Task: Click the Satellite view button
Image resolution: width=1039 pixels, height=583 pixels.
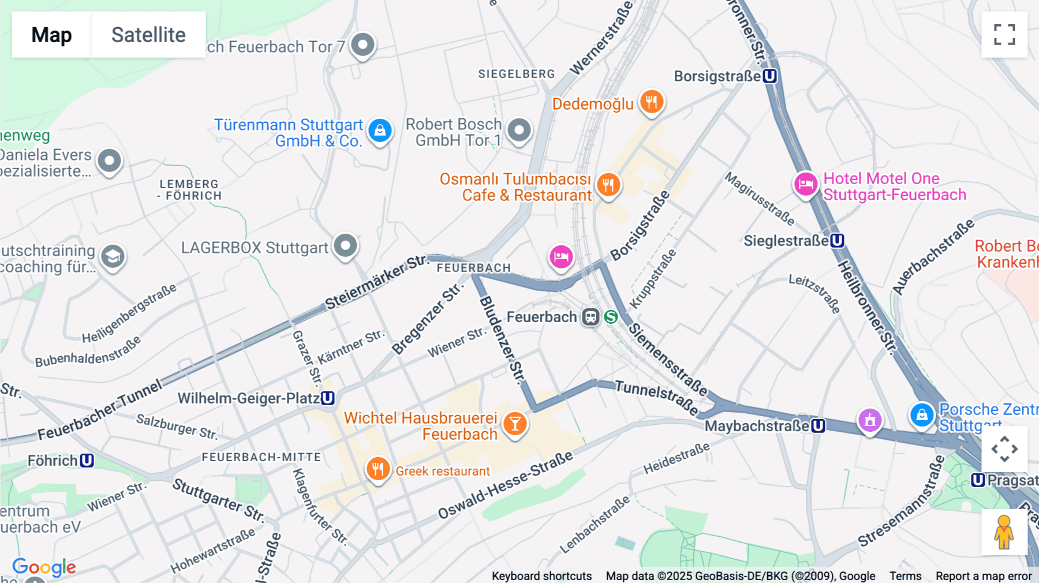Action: tap(148, 35)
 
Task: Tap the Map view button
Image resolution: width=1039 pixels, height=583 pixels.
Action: tap(51, 35)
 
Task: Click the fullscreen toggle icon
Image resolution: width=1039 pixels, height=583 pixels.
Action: tap(1004, 35)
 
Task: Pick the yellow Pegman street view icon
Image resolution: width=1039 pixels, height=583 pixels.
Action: tap(1004, 532)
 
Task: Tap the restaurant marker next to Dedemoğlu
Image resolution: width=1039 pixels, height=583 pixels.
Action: tap(652, 102)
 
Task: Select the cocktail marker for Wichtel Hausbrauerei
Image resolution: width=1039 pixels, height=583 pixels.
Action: tap(514, 424)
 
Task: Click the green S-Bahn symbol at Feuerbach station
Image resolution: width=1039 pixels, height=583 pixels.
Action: tap(611, 317)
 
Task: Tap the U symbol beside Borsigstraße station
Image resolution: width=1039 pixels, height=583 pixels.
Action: tap(769, 76)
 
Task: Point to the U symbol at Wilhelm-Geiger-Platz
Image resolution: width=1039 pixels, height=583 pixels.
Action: tap(327, 398)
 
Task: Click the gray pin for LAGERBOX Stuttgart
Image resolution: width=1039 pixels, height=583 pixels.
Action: tap(346, 246)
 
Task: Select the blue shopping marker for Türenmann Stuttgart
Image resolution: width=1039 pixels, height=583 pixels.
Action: tap(380, 130)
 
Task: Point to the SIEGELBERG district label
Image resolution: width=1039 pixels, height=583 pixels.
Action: tap(516, 74)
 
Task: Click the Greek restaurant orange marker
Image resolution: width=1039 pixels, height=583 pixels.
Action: tap(378, 469)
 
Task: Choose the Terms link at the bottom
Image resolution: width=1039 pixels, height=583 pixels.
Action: tap(905, 575)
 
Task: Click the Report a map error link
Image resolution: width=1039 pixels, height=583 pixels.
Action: tap(983, 575)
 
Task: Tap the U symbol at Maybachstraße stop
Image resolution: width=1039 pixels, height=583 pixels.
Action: tap(818, 426)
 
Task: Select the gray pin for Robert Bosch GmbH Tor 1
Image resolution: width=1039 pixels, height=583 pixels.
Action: tap(519, 130)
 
